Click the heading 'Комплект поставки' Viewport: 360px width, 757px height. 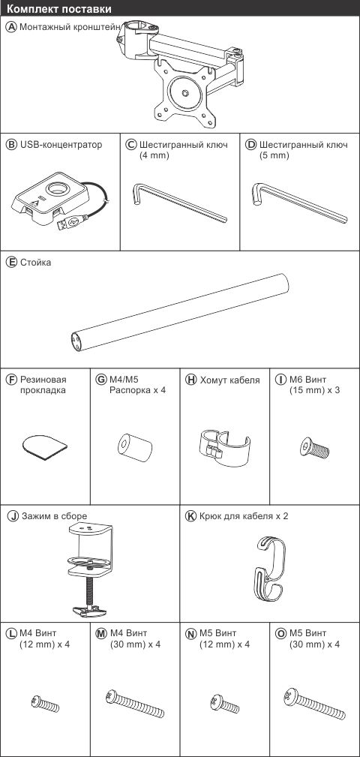(59, 9)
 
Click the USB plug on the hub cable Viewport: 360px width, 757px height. (71, 221)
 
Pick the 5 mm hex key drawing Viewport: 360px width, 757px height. (299, 203)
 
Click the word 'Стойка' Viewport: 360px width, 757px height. (35, 263)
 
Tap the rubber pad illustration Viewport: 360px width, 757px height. (45, 446)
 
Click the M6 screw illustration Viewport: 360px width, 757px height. (314, 449)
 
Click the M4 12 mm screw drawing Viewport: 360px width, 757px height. (45, 704)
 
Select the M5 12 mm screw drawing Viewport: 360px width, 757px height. (224, 704)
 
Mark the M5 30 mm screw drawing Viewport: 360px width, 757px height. (315, 704)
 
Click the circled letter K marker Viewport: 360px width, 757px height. (190, 515)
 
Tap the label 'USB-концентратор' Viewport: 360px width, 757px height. (61, 144)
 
